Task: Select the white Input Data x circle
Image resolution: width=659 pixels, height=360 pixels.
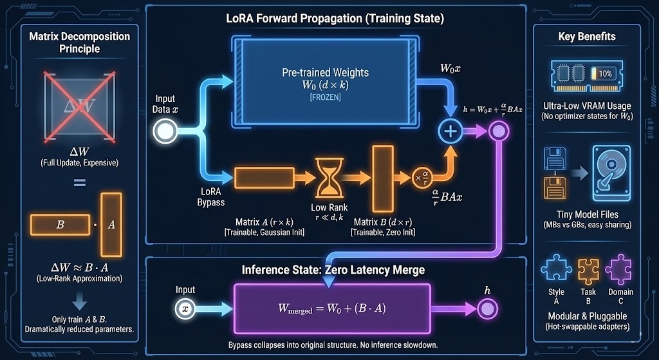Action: click(x=165, y=132)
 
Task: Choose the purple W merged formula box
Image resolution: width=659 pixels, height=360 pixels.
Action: click(x=331, y=308)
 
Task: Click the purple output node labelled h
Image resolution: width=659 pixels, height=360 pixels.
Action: click(x=487, y=308)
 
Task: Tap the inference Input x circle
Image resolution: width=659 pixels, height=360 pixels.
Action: click(x=185, y=308)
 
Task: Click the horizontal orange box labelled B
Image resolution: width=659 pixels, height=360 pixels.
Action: click(x=60, y=225)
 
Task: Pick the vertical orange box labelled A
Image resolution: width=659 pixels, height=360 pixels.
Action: click(x=111, y=224)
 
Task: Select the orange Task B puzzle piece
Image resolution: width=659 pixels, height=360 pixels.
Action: click(x=587, y=269)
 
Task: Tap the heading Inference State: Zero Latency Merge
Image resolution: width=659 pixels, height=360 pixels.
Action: click(x=333, y=270)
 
